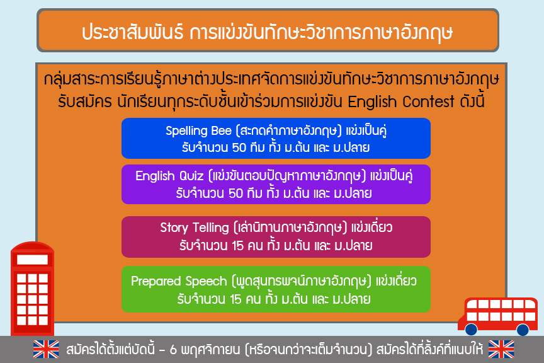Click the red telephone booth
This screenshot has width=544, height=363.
(32, 289)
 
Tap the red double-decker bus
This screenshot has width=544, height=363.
(498, 316)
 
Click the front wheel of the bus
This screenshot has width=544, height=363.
(471, 330)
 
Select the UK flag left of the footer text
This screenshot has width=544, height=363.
(46, 349)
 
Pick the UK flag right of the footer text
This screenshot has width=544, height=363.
(501, 349)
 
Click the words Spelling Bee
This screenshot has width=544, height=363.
(198, 130)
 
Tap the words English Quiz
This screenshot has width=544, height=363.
(169, 176)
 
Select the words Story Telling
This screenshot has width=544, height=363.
(195, 228)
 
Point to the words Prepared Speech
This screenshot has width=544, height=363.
(179, 281)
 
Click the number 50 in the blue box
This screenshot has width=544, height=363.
(239, 147)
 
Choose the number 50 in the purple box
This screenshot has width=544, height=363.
(235, 193)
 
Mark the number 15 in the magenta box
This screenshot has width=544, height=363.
(237, 246)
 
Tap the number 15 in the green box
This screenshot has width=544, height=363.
(235, 299)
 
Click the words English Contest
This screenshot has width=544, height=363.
(400, 102)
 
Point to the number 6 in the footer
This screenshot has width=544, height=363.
(173, 350)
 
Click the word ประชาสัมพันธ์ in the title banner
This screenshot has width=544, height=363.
(132, 32)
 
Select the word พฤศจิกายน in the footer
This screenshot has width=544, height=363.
(210, 350)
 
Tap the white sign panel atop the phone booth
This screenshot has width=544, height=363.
(32, 260)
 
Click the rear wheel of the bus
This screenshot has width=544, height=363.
(523, 330)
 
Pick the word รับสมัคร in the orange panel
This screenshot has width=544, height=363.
(84, 102)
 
